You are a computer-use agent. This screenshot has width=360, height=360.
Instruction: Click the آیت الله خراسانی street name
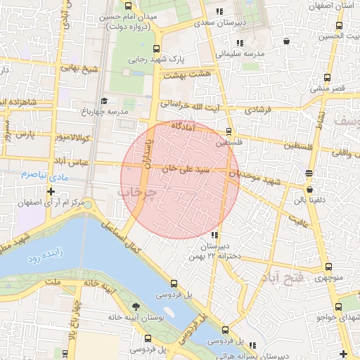200,104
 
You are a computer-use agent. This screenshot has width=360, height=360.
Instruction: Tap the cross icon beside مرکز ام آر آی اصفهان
51,191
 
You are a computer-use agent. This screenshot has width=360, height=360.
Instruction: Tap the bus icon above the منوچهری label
328,266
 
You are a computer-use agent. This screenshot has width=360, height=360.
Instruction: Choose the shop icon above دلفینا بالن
309,189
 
